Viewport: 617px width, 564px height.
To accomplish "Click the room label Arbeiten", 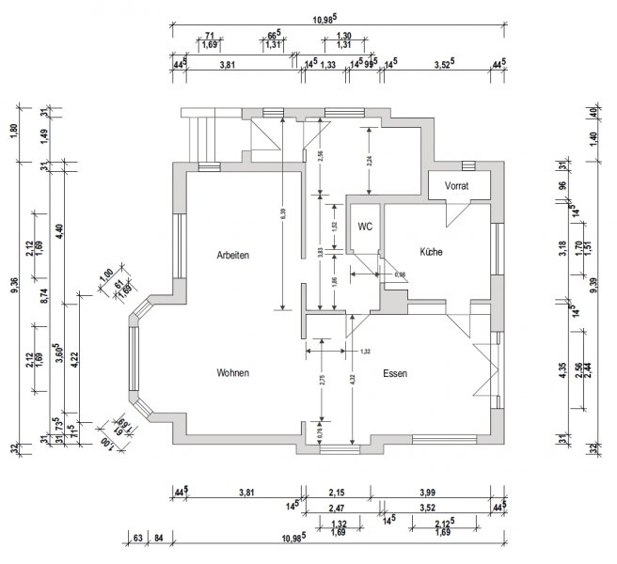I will pyautogui.click(x=232, y=255).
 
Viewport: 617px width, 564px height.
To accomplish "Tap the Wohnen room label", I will pyautogui.click(x=233, y=373).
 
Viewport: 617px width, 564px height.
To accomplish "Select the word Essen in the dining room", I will pyautogui.click(x=395, y=373).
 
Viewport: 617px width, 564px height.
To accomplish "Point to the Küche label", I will pyautogui.click(x=431, y=252).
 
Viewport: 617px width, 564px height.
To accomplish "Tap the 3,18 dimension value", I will pyautogui.click(x=562, y=248).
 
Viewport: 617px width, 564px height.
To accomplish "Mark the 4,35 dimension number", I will pyautogui.click(x=562, y=370).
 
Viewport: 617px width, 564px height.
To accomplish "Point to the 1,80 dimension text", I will pyautogui.click(x=14, y=132).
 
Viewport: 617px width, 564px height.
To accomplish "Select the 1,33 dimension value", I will pyautogui.click(x=328, y=65).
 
